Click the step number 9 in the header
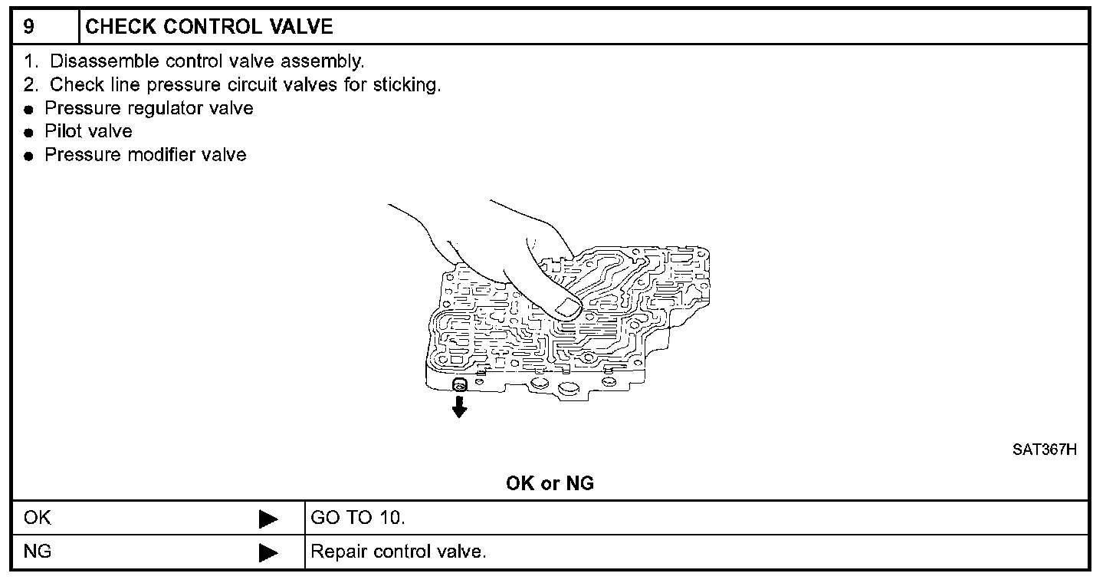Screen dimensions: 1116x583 point(28,27)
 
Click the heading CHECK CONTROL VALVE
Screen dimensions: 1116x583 point(209,27)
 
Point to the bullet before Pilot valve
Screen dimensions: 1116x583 point(29,133)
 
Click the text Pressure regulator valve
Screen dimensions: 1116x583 point(149,109)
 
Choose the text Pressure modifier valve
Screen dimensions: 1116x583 point(146,156)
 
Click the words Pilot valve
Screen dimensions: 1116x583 point(88,132)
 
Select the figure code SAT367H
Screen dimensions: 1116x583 point(1044,450)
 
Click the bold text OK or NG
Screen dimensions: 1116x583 point(550,484)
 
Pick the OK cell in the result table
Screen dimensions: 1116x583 point(37,519)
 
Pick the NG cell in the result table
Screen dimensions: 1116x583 point(37,552)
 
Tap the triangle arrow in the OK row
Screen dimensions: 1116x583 point(268,519)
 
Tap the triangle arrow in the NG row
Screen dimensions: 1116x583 point(268,552)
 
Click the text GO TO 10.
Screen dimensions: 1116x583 point(356,519)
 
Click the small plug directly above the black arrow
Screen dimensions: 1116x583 point(459,384)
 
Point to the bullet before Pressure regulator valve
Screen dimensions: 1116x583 point(29,110)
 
